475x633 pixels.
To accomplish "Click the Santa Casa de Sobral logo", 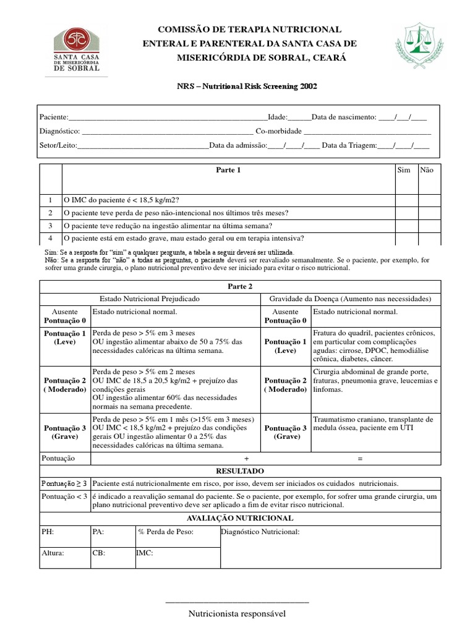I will [76, 50].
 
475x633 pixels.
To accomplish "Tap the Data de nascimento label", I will [343, 117].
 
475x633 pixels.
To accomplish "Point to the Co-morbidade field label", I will [278, 131].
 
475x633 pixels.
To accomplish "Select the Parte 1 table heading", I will [228, 171].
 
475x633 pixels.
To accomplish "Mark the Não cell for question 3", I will [429, 226].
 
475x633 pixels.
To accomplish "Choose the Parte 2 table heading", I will [240, 287].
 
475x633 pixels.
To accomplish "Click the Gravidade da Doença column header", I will [349, 299].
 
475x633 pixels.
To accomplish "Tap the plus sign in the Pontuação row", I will [247, 459].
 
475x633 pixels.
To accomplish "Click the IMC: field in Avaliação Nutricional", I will [145, 554].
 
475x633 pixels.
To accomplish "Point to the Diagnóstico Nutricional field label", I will [260, 532].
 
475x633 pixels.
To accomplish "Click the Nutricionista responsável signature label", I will [237, 614].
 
